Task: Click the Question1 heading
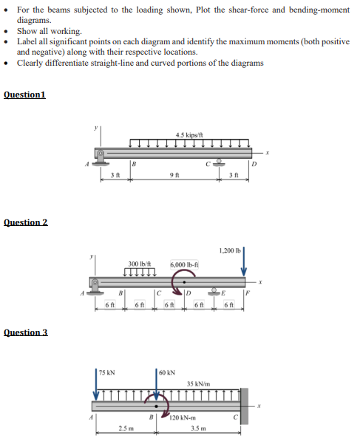[x=24, y=95]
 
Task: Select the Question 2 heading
[x=26, y=222]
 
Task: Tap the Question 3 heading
[x=26, y=332]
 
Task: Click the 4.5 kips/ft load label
[x=190, y=134]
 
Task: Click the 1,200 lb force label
[x=231, y=250]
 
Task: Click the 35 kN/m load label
[x=200, y=384]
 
